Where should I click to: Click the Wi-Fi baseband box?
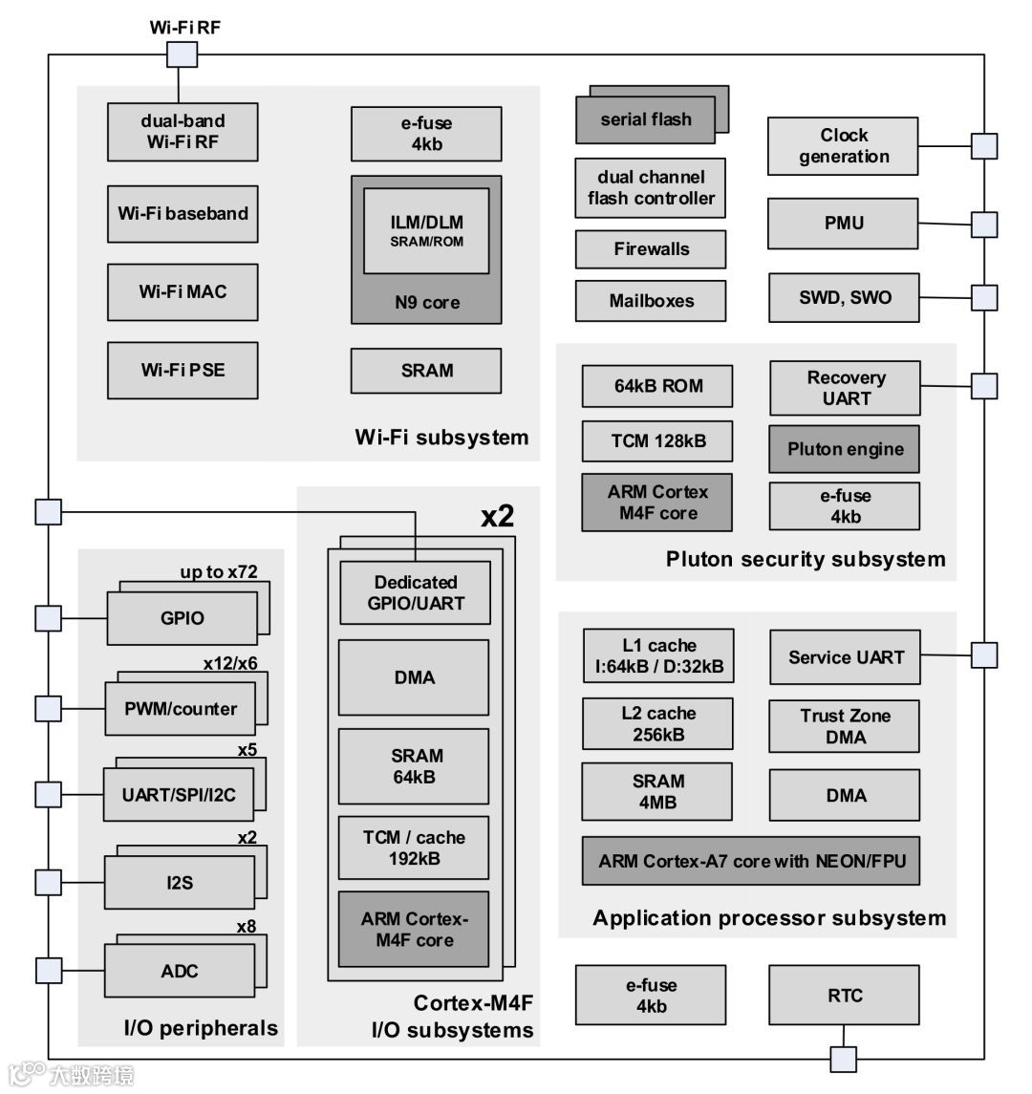[x=183, y=213]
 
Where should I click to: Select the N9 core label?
[x=426, y=303]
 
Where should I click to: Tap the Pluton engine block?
[x=845, y=449]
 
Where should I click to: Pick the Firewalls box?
[x=650, y=249]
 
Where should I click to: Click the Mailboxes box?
[x=650, y=301]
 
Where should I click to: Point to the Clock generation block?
[x=843, y=146]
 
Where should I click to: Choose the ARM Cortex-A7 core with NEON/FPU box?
[x=751, y=862]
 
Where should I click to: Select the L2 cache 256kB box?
[x=657, y=724]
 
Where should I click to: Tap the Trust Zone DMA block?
[x=845, y=726]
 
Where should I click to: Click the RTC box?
[x=844, y=996]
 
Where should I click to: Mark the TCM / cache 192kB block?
[x=413, y=847]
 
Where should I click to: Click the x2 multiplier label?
[x=497, y=517]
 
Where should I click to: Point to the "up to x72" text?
[x=219, y=572]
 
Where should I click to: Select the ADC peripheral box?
[x=180, y=971]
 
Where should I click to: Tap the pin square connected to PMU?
[x=984, y=225]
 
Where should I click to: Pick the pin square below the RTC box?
[x=843, y=1060]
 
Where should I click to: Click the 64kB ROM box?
[x=657, y=386]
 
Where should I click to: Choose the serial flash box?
[x=645, y=120]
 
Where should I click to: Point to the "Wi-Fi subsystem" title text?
[x=441, y=438]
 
